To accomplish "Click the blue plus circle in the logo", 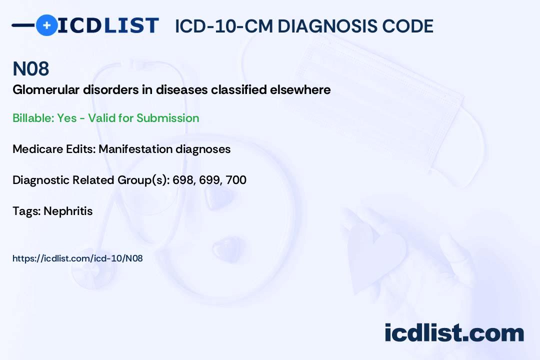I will click(x=46, y=25).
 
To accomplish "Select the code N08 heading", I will click(x=30, y=69).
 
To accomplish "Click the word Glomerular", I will click(x=43, y=90).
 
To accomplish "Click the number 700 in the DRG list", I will click(x=236, y=180).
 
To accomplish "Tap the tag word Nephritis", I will click(x=68, y=211).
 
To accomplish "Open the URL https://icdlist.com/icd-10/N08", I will click(x=77, y=258).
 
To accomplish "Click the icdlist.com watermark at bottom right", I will click(x=454, y=332).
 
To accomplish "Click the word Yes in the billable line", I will click(x=67, y=118).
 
